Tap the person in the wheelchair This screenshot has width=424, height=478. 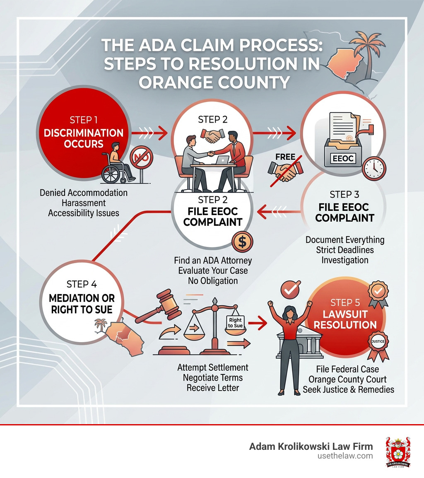(x=116, y=164)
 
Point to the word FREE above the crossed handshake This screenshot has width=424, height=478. (x=285, y=157)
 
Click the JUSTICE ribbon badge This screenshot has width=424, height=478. (x=378, y=342)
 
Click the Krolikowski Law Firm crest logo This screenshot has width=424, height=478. (x=397, y=452)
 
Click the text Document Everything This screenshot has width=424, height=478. (x=345, y=240)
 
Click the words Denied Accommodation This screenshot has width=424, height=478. (x=84, y=193)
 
